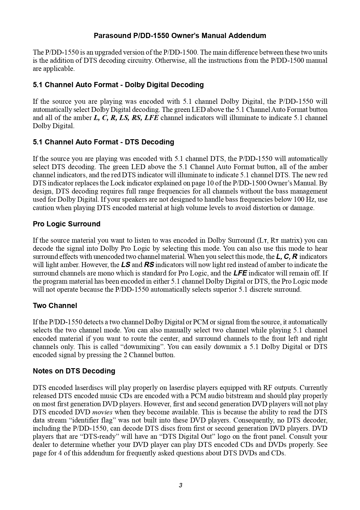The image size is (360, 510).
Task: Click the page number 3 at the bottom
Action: click(180, 485)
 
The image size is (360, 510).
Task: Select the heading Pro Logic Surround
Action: click(66, 224)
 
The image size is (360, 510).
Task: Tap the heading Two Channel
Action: click(55, 306)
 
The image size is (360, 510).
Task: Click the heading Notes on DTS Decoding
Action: click(74, 371)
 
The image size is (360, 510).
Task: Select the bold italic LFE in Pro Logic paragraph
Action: click(240, 273)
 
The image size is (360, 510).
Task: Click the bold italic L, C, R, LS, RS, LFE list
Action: click(126, 118)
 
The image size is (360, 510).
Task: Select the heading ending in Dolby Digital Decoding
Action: click(118, 85)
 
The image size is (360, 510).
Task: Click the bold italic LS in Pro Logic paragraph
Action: click(126, 265)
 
